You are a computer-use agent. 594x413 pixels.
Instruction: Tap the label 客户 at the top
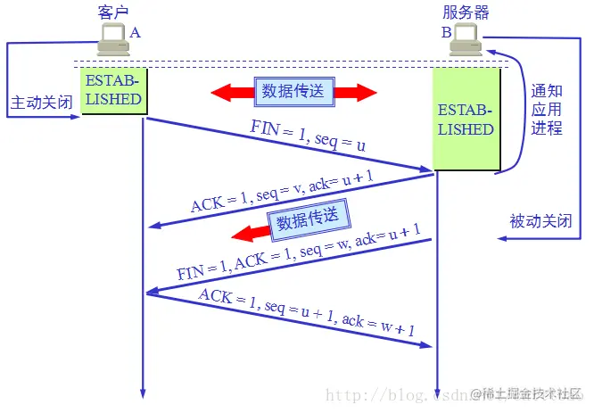tap(113, 12)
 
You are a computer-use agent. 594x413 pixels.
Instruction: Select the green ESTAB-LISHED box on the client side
tap(113, 90)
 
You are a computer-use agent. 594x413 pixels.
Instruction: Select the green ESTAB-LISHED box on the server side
tap(466, 120)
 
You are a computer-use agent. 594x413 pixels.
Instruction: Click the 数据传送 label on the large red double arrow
tap(293, 91)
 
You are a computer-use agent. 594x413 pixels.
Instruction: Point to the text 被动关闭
tap(540, 220)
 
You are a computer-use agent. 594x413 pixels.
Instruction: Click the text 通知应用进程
tap(547, 110)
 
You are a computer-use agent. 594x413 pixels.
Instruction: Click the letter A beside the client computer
tap(136, 32)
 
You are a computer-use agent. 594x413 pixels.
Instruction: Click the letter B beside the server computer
tap(445, 32)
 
